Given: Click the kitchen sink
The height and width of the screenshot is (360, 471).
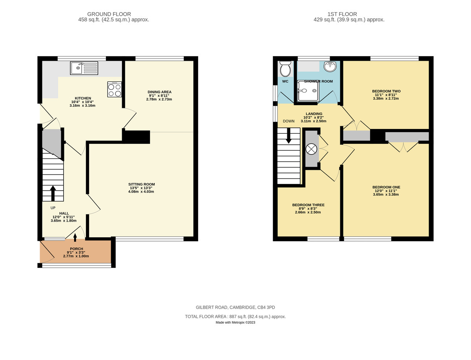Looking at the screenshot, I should (x=84, y=68).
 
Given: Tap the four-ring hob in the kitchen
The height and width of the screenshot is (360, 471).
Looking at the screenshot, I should (x=115, y=90).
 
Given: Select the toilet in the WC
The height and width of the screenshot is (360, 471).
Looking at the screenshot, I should (x=285, y=70).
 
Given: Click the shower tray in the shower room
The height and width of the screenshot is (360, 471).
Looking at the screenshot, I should (x=308, y=91).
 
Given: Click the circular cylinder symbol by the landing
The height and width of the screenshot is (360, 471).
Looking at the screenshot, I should (x=311, y=149).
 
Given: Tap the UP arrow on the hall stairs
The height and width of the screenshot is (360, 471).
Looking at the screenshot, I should (x=53, y=193).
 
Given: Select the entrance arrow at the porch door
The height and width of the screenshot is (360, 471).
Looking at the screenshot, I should (x=75, y=236).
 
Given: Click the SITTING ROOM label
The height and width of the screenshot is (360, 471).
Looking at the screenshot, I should (x=141, y=184).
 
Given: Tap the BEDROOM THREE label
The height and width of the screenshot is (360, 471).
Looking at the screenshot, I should (x=308, y=205).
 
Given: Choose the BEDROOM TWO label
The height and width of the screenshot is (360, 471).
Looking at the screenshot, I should (x=386, y=91).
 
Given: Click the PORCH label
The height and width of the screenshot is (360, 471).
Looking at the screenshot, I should (x=76, y=249).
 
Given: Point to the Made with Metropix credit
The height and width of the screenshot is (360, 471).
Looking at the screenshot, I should (x=235, y=323).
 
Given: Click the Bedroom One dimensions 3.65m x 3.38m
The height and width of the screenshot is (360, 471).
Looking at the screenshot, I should (x=386, y=194).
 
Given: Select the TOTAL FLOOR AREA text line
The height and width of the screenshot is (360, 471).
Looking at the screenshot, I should (x=235, y=316).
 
